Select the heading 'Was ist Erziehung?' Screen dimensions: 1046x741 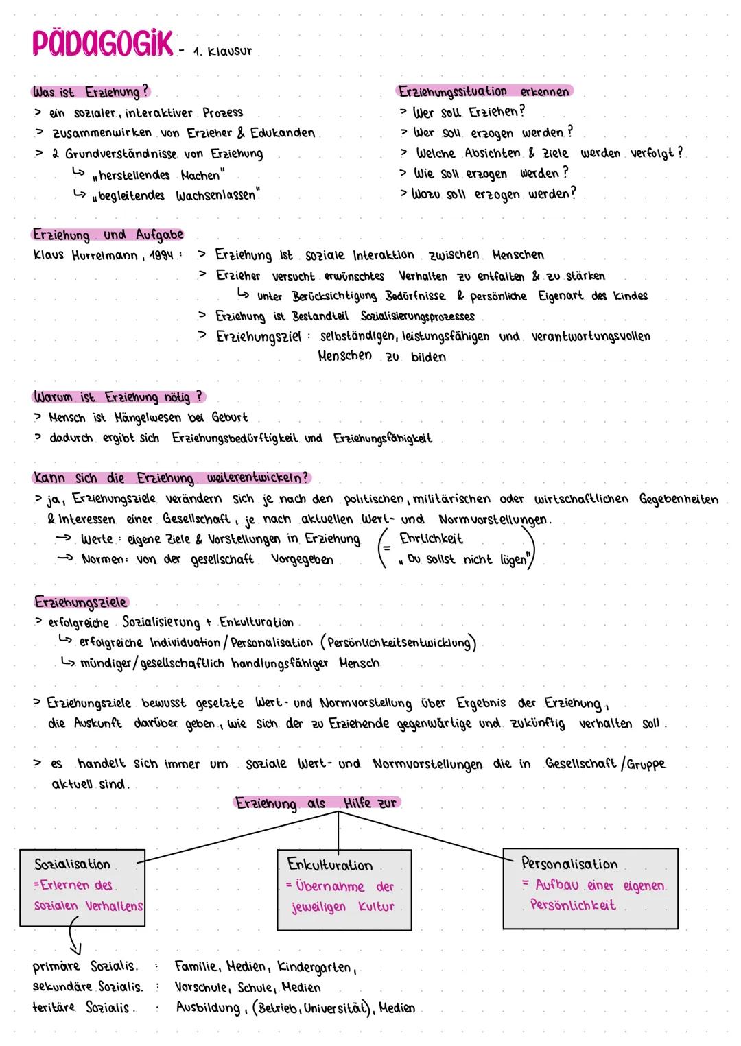coord(91,92)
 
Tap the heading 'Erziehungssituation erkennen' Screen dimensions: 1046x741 coord(484,91)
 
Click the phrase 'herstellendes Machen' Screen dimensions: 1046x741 coord(161,175)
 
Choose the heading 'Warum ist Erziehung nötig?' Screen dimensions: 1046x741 coord(118,397)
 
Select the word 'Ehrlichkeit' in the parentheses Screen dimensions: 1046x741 coord(431,539)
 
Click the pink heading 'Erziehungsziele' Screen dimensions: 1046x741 coord(81,602)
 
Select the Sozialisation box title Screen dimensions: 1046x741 coord(72,864)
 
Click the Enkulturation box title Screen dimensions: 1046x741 coord(330,865)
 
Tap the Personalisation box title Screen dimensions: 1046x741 coord(569,864)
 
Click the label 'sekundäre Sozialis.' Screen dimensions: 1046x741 coord(87,988)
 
